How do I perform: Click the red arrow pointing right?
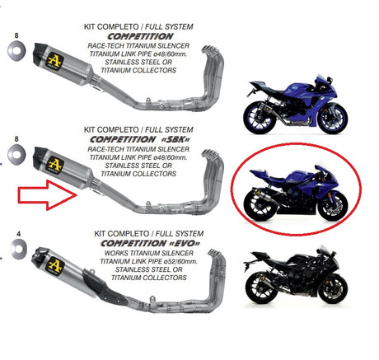47,195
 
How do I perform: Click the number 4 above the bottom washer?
18,234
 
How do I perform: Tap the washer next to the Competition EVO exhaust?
18,249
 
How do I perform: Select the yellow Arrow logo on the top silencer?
54,62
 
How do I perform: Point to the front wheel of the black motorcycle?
334,289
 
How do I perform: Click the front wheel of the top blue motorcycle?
333,119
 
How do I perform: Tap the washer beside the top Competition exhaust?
16,51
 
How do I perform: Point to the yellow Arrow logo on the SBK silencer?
54,165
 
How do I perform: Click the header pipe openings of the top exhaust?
209,49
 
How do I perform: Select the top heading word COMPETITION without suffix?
140,36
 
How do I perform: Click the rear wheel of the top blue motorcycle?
258,118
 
